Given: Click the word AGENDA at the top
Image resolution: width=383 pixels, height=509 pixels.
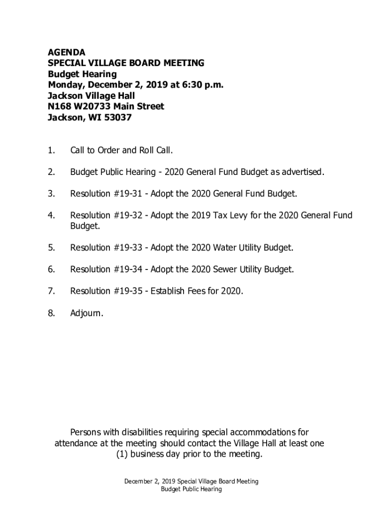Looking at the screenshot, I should [66, 52].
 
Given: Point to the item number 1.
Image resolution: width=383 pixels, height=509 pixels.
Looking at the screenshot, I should [51, 151].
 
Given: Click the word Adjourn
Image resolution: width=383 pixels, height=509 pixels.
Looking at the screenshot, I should [87, 313].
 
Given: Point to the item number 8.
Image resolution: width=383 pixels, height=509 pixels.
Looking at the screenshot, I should [51, 313].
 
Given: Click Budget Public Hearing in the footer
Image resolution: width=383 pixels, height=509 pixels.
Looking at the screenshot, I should [191, 489].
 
